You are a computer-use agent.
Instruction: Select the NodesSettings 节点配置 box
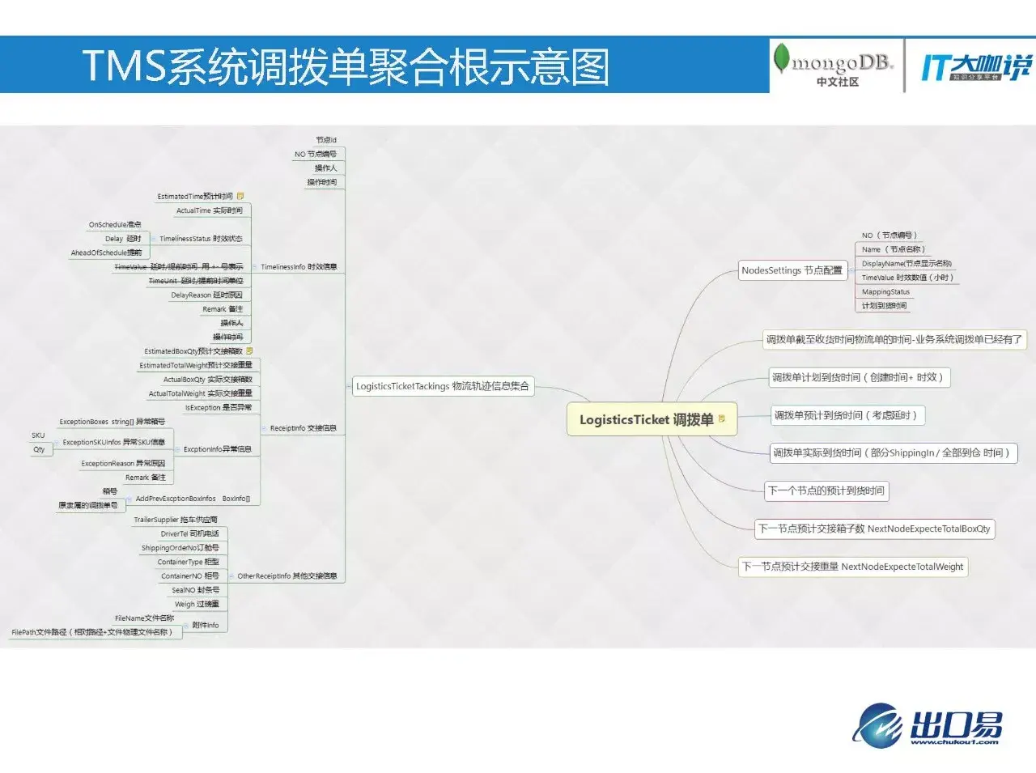(792, 270)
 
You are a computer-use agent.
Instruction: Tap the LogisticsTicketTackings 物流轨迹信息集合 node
(443, 386)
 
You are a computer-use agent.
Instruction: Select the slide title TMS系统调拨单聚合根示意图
(346, 66)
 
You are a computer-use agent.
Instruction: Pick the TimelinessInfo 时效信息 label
(299, 266)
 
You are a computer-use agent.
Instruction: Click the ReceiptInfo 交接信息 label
(303, 428)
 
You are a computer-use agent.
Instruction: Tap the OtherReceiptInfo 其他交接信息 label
(287, 576)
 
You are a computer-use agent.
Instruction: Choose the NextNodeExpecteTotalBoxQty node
(874, 529)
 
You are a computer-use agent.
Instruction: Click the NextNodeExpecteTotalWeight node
(853, 567)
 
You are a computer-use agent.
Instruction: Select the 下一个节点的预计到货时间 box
(826, 491)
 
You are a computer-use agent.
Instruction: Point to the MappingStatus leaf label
(885, 292)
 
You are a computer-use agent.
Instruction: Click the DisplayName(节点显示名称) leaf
(906, 264)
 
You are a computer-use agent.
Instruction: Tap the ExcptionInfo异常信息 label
(217, 449)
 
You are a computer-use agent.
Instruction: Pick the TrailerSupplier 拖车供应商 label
(176, 520)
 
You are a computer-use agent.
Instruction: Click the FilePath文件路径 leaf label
(91, 632)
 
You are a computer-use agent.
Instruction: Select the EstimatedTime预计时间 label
(195, 197)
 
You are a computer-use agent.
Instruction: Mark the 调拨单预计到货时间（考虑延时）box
(845, 415)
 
